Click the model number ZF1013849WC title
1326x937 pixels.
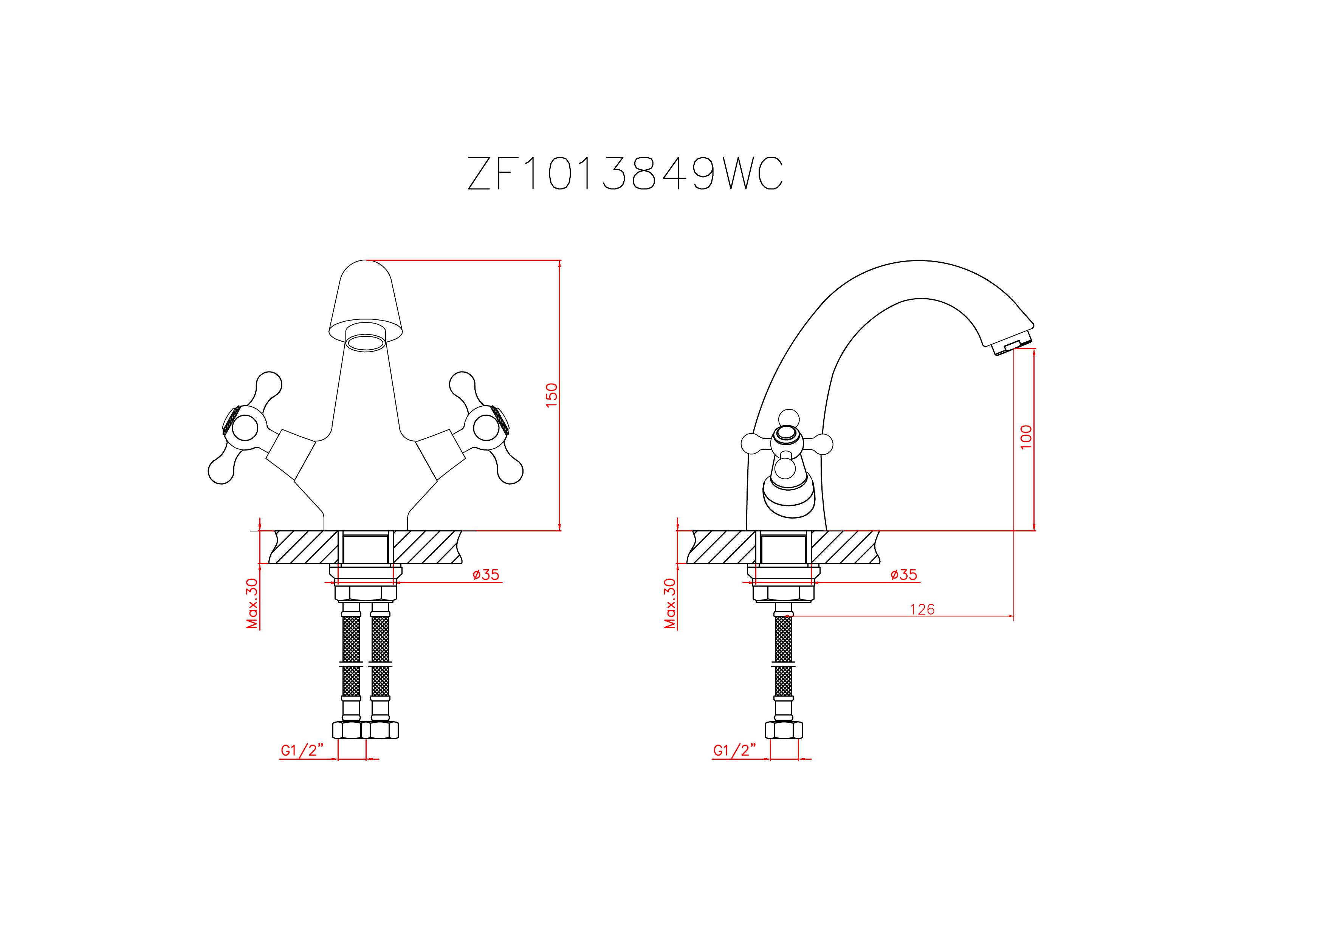point(625,173)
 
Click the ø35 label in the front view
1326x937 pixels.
point(485,575)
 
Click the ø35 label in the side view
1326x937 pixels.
point(904,575)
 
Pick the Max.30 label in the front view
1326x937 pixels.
point(252,603)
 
